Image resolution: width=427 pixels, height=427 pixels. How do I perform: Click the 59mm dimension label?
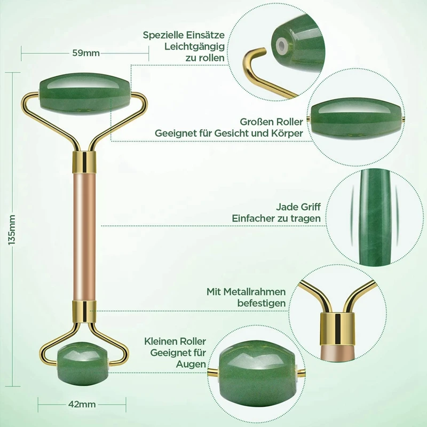tap(85, 52)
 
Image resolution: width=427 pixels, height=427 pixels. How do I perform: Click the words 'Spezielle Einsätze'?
tap(184, 35)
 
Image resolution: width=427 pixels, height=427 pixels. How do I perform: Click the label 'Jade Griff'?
tap(298, 207)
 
